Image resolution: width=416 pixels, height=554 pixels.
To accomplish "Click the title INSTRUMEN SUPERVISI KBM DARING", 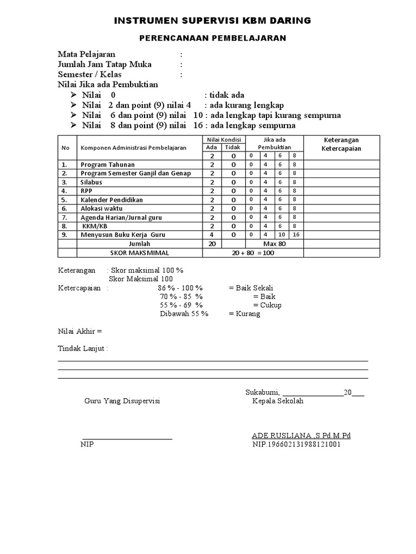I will tap(212, 21).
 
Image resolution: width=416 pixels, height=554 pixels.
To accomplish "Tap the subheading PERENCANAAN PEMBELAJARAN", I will tap(212, 38).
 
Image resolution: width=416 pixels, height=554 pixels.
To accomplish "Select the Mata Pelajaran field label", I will tap(87, 55).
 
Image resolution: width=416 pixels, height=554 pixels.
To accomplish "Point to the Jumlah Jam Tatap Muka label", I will tap(105, 65).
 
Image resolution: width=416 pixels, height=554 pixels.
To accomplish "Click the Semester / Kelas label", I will tap(90, 75).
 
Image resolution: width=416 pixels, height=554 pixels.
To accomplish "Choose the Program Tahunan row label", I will tap(108, 164).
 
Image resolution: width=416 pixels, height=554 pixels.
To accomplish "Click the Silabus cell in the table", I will tap(92, 182).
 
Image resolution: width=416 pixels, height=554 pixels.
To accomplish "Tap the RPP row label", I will tap(87, 191).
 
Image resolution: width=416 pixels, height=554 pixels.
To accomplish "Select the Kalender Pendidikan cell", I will tap(112, 200).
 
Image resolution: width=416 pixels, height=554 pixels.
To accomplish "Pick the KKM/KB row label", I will tap(93, 226).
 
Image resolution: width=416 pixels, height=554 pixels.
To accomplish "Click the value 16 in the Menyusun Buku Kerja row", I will tap(296, 235).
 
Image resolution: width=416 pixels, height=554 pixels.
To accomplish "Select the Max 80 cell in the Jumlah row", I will tap(274, 243).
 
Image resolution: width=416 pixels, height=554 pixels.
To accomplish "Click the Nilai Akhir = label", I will tap(80, 331).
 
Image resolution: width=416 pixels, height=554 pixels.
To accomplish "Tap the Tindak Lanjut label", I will tap(83, 349).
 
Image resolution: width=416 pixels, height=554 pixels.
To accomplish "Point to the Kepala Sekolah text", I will tap(278, 401).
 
